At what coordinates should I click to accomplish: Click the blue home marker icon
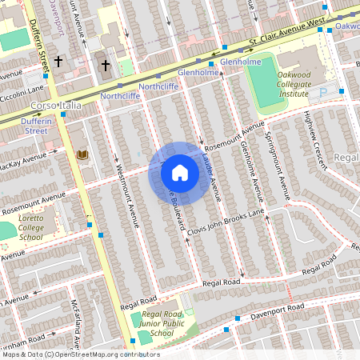180,173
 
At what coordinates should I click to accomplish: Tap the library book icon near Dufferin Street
81,154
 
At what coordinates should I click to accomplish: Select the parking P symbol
324,93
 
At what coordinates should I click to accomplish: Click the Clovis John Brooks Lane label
234,217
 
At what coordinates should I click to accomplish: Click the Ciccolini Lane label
23,90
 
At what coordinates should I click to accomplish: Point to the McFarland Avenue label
74,325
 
